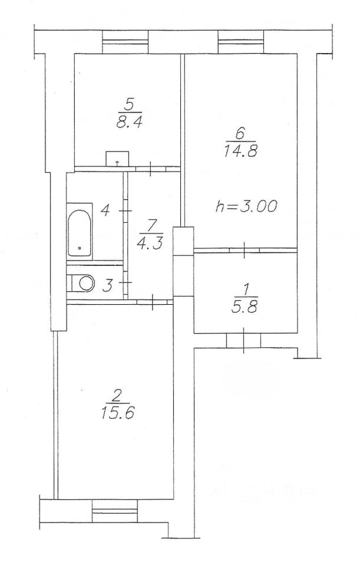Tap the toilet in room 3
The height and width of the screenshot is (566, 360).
tap(83, 284)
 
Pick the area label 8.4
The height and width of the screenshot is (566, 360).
tap(130, 123)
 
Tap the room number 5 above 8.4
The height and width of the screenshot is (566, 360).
tap(130, 106)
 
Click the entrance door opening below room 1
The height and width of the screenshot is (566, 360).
tap(243, 340)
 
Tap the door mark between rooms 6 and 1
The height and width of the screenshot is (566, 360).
tap(245, 251)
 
